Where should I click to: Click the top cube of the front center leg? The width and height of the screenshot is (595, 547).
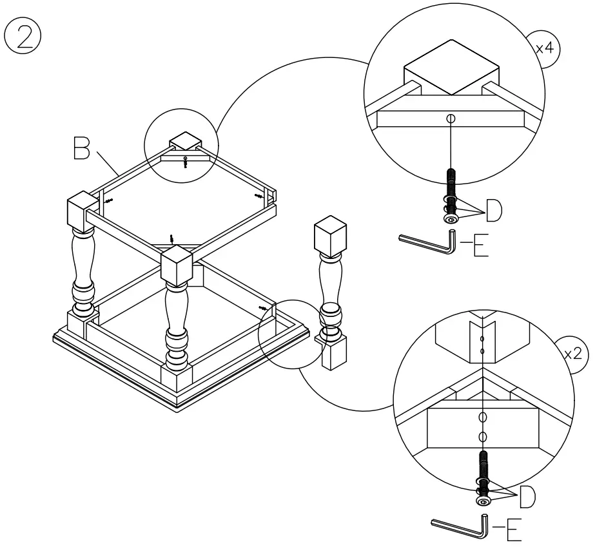click(178, 267)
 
